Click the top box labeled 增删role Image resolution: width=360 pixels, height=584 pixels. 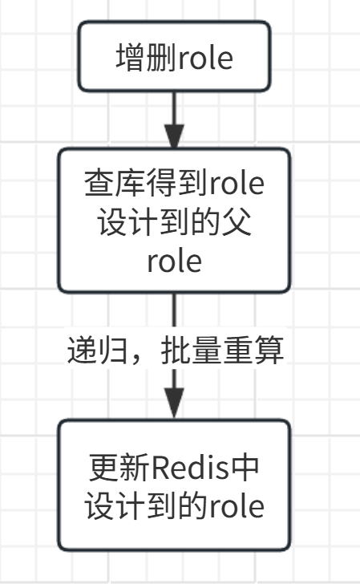click(x=174, y=56)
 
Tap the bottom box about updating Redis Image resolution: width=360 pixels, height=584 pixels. click(x=174, y=485)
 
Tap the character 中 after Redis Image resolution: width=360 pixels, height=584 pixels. click(x=245, y=467)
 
